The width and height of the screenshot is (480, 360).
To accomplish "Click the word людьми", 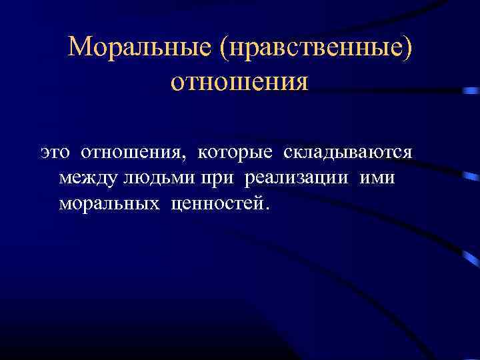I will [154, 178].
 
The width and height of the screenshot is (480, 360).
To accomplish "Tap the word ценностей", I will [217, 203].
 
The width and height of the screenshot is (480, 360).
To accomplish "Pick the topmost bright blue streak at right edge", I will [470, 91].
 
